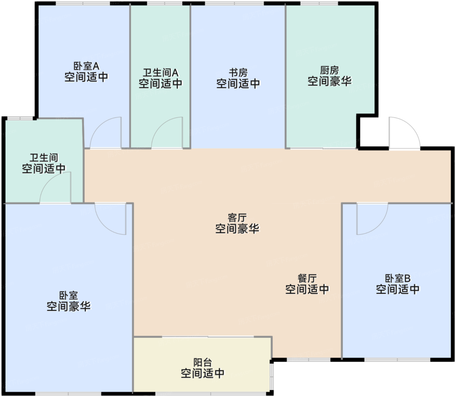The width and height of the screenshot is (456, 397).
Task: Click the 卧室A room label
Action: pyautogui.click(x=86, y=66)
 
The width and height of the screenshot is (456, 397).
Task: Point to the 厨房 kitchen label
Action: pyautogui.click(x=329, y=70)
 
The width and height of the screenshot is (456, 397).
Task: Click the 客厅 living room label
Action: pyautogui.click(x=237, y=218)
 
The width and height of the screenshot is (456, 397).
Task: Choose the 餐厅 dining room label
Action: pyautogui.click(x=307, y=278)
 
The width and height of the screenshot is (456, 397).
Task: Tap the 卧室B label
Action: pyautogui.click(x=398, y=278)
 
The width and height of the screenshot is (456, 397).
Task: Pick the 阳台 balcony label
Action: pyautogui.click(x=203, y=362)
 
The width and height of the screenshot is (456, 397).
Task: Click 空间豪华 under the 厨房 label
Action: pyautogui.click(x=329, y=81)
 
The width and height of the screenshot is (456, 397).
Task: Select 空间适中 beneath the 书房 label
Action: pyautogui.click(x=238, y=84)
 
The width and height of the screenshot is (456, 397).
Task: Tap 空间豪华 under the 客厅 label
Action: pyautogui.click(x=237, y=229)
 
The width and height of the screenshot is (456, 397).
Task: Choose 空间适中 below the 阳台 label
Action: pyautogui.click(x=203, y=373)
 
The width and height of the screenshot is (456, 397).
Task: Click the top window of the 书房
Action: pyautogui.click(x=235, y=3)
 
